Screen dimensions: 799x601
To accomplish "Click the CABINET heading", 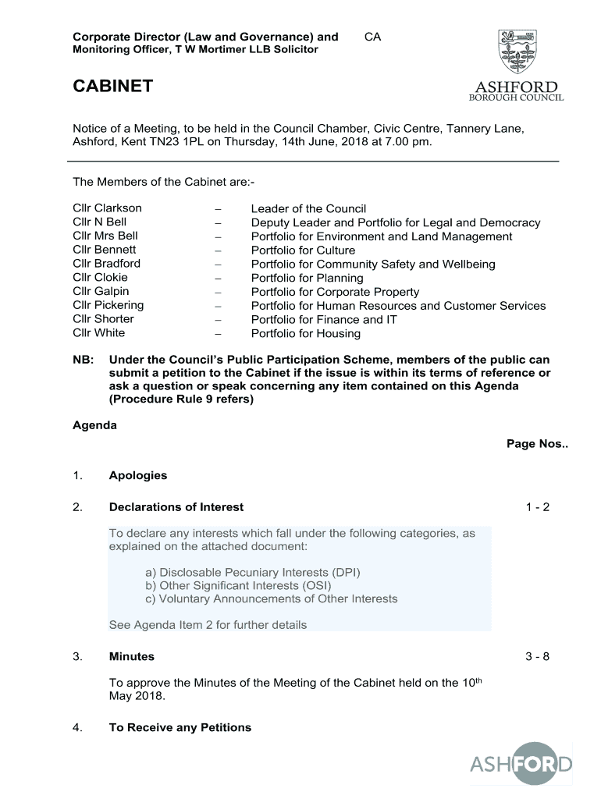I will pyautogui.click(x=112, y=87).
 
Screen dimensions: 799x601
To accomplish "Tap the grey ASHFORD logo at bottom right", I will pyautogui.click(x=521, y=764).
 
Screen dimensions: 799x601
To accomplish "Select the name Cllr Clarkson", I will pyautogui.click(x=107, y=208).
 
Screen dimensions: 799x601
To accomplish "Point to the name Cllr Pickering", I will pyautogui.click(x=108, y=305).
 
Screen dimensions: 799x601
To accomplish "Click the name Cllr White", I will pyautogui.click(x=98, y=333).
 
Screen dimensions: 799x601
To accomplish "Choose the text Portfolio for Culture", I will pyautogui.click(x=303, y=250).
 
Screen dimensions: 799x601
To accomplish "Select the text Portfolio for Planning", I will pyautogui.click(x=307, y=278).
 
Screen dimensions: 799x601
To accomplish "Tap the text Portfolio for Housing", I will pyautogui.click(x=305, y=334).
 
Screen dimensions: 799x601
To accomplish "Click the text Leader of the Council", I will pyautogui.click(x=308, y=209).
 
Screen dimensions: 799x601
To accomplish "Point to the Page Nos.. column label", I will pyautogui.click(x=537, y=444).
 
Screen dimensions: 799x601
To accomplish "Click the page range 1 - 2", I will pyautogui.click(x=538, y=507).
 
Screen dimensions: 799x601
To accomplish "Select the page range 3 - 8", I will pyautogui.click(x=538, y=656).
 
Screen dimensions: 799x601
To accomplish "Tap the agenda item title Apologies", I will pyautogui.click(x=138, y=475).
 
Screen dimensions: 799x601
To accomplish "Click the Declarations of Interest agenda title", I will pyautogui.click(x=176, y=507).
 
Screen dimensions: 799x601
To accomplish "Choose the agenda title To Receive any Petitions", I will pyautogui.click(x=180, y=727).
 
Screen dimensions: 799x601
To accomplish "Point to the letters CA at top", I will pyautogui.click(x=372, y=37).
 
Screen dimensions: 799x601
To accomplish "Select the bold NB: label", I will pyautogui.click(x=84, y=360).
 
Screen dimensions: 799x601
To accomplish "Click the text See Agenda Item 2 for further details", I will pyautogui.click(x=208, y=625).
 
